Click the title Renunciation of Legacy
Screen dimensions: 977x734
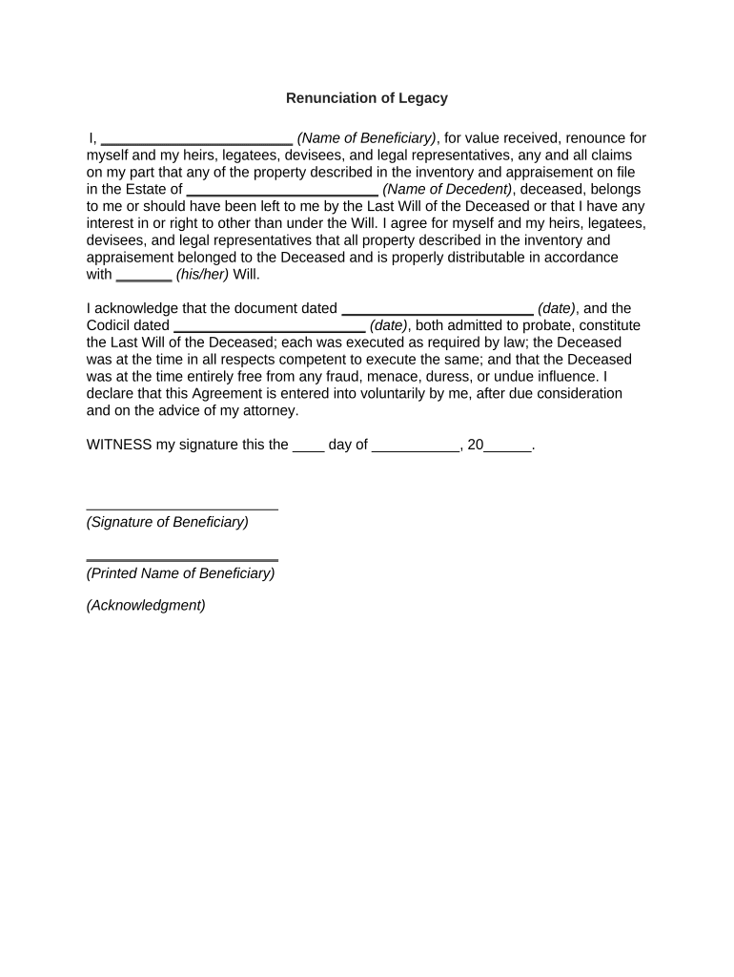pos(367,98)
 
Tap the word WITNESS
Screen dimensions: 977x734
pos(119,445)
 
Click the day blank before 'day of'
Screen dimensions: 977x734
pos(309,447)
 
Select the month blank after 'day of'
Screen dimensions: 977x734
pos(415,447)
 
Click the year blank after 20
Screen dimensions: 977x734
pos(507,447)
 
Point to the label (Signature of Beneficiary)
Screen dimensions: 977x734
pos(168,522)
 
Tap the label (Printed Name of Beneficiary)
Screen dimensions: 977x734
pos(180,573)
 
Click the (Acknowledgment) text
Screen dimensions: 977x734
pos(146,605)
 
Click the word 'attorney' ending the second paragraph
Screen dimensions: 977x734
pos(272,411)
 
